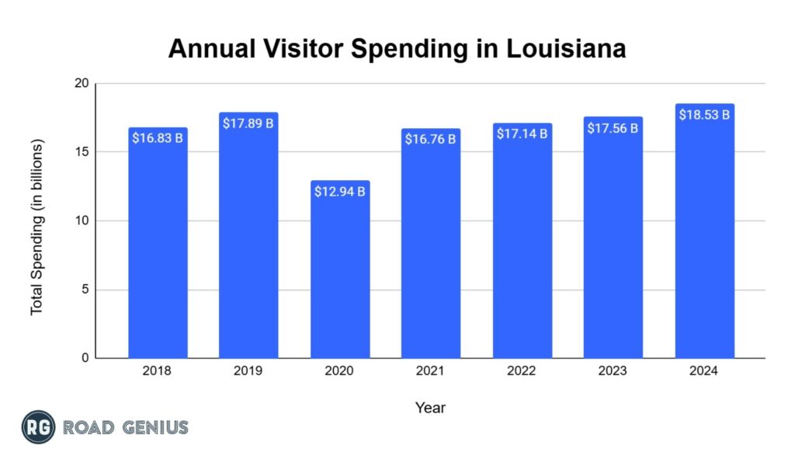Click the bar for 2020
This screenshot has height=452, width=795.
click(340, 272)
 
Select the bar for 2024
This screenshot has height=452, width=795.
click(704, 233)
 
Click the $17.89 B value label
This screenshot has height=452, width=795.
click(248, 124)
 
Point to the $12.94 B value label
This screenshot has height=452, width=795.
click(340, 191)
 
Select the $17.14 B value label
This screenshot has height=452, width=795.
click(522, 134)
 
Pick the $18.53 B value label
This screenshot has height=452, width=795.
click(704, 115)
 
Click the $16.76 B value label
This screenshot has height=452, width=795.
click(431, 140)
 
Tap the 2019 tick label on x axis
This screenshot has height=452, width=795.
click(248, 371)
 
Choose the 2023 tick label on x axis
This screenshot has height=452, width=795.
click(613, 371)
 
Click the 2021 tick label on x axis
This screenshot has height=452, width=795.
click(431, 371)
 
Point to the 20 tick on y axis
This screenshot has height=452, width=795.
click(82, 84)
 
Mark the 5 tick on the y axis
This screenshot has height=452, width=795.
click(85, 290)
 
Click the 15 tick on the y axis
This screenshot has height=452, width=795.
click(82, 152)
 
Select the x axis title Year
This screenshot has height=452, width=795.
click(430, 407)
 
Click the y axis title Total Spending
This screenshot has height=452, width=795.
click(37, 227)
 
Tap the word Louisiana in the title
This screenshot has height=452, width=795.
click(566, 49)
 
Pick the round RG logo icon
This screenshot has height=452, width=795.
click(37, 426)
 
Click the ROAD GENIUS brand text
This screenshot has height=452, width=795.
click(125, 427)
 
